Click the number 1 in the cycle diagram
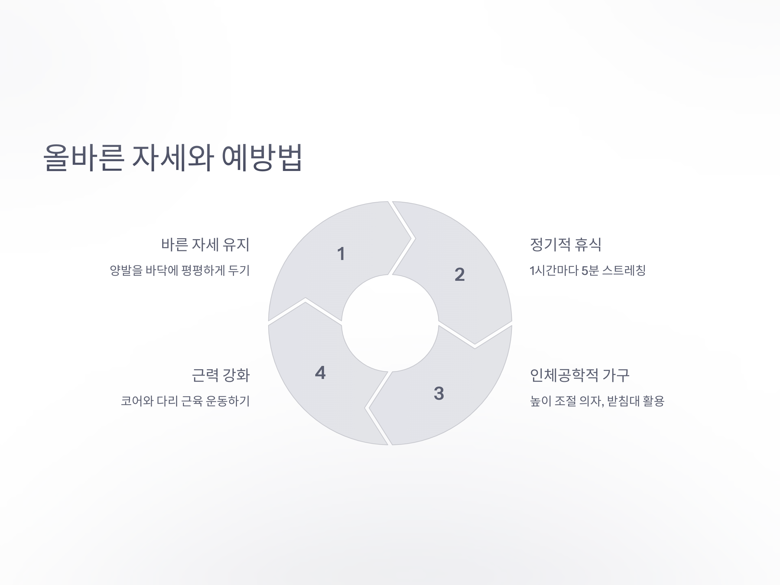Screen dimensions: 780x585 341,254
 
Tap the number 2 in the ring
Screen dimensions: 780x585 460,274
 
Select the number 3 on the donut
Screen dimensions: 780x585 439,393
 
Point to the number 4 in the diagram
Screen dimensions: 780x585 320,373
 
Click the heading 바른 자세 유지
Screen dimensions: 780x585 205,245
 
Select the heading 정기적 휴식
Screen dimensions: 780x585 565,245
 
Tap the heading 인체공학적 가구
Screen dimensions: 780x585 579,375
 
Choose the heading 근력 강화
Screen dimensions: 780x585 221,375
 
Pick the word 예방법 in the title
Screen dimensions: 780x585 262,158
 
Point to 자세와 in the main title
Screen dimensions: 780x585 173,158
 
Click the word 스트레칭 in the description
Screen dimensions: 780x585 624,271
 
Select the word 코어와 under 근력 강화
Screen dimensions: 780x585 137,401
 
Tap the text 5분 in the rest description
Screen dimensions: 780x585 590,271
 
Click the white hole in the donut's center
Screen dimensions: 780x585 390,323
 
